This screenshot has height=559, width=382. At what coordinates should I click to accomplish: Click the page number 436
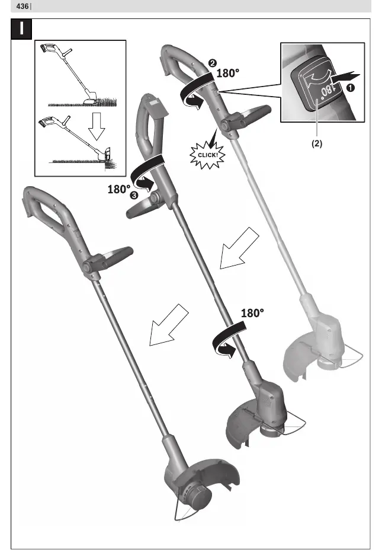click(x=22, y=7)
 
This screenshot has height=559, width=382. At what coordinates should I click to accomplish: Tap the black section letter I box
click(x=21, y=29)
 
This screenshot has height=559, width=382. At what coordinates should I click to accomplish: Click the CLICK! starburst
click(x=207, y=155)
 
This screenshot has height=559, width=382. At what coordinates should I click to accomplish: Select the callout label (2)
click(x=317, y=143)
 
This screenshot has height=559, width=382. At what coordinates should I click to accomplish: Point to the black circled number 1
click(x=351, y=87)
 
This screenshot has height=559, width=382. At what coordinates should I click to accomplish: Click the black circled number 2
click(x=213, y=63)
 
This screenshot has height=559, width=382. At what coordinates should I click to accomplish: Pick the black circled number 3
click(x=134, y=195)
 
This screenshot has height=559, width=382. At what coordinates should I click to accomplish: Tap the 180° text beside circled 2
click(x=228, y=73)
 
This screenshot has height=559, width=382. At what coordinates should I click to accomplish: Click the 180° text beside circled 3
click(x=118, y=189)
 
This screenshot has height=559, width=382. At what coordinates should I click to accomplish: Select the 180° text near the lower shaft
click(x=252, y=313)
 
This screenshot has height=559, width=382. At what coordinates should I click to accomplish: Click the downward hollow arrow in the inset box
click(x=97, y=126)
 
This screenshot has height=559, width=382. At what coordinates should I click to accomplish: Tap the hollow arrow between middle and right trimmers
click(x=239, y=248)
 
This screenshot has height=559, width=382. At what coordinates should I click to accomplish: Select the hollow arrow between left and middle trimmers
click(x=169, y=325)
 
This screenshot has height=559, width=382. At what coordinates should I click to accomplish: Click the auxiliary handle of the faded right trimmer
click(x=246, y=117)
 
